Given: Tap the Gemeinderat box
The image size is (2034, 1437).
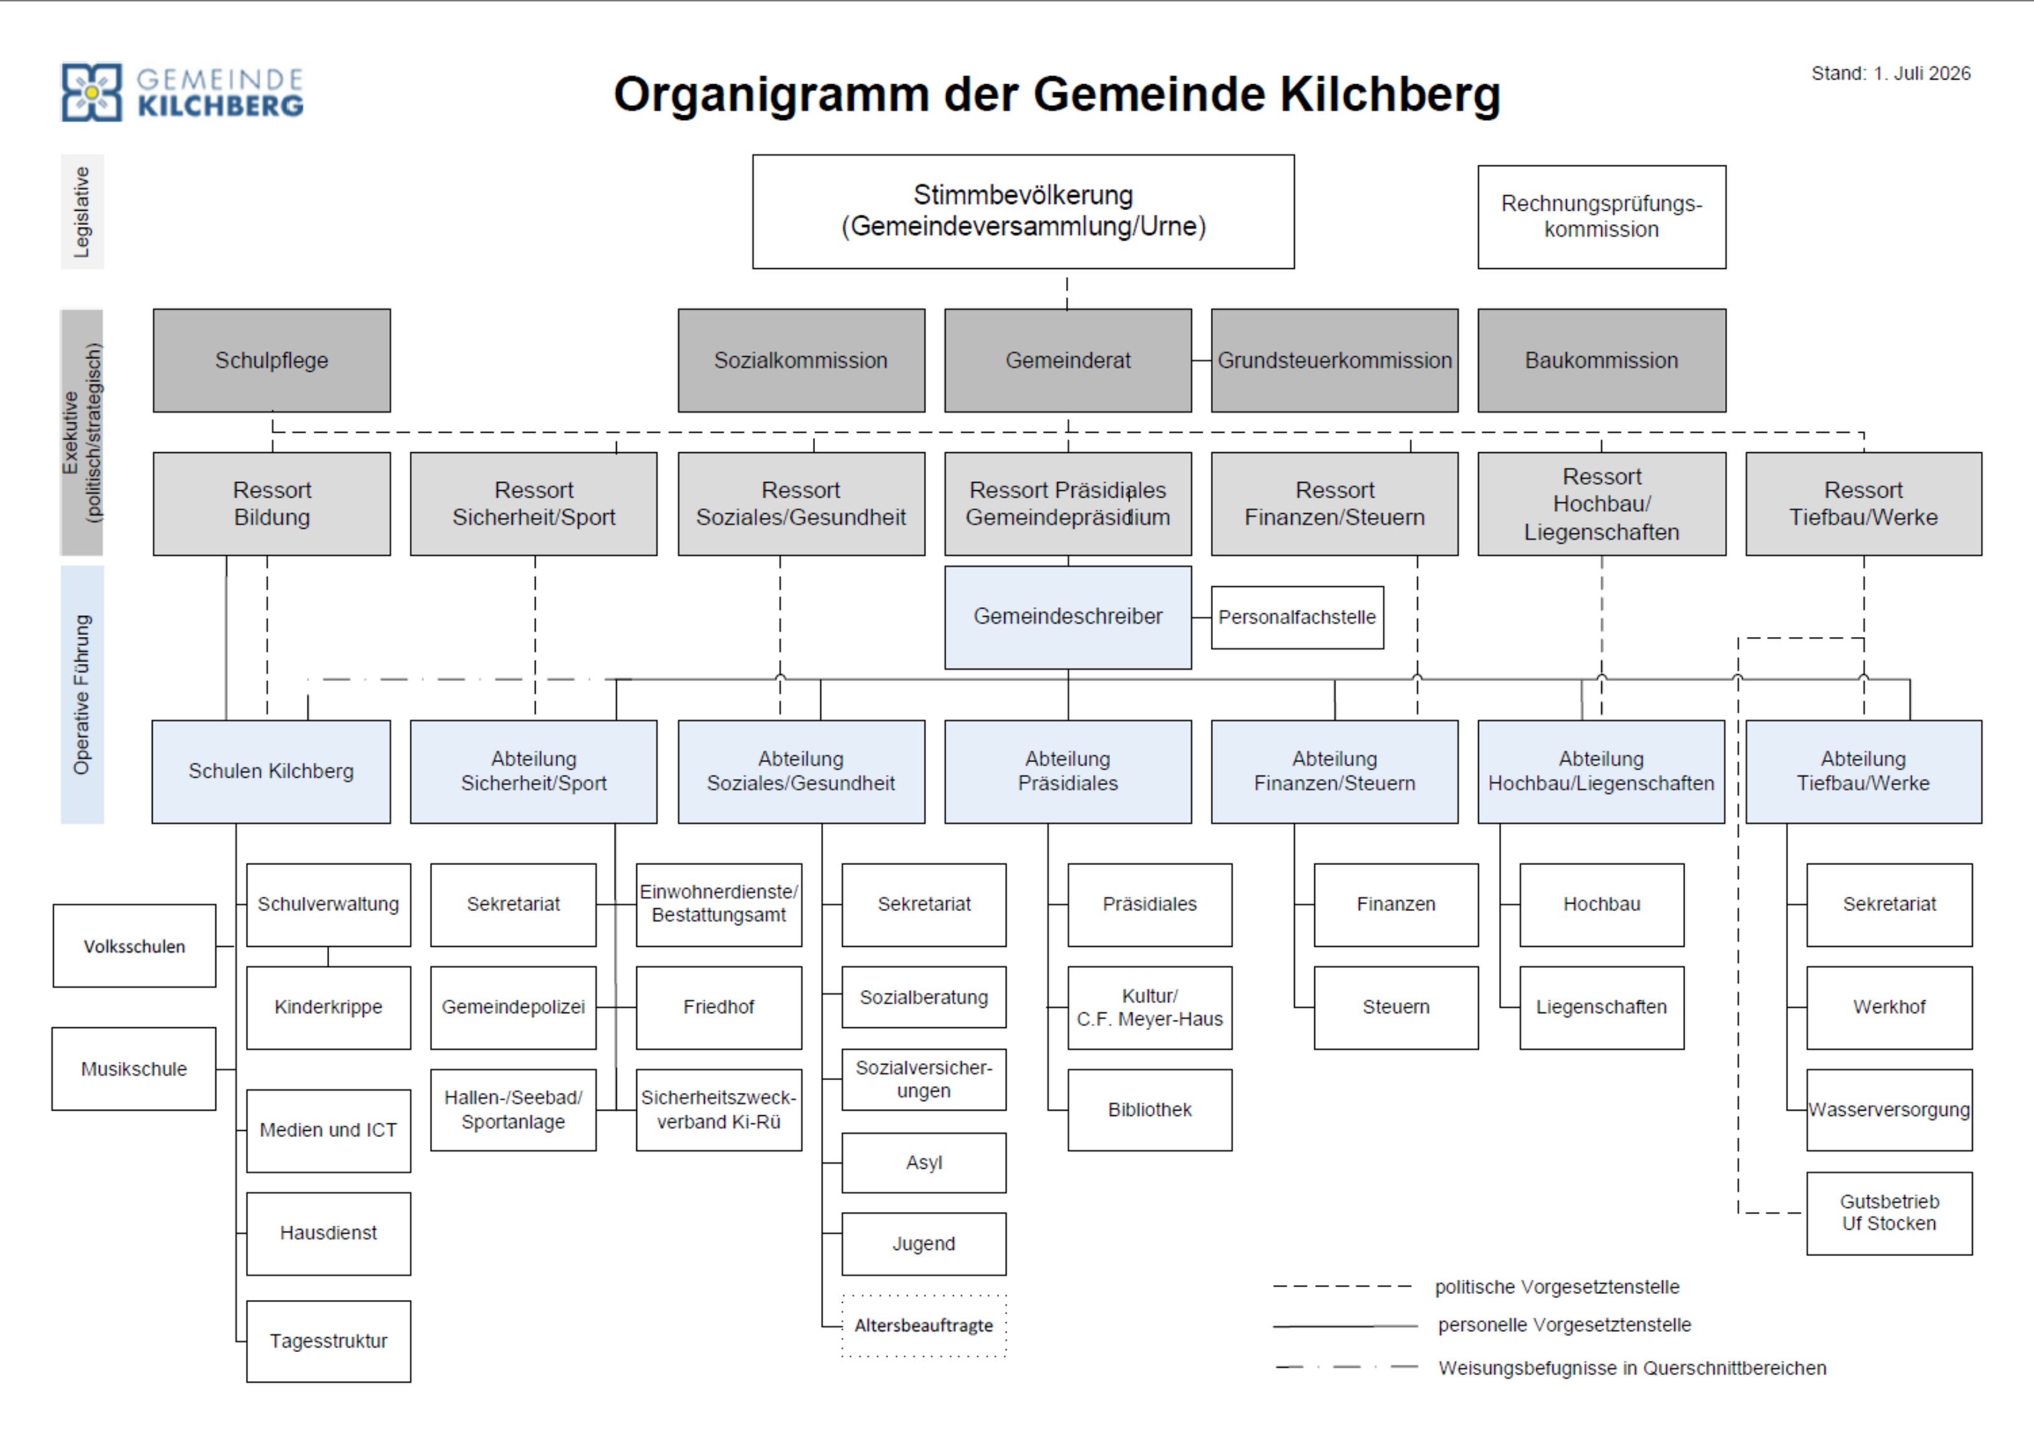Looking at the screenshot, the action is (1067, 360).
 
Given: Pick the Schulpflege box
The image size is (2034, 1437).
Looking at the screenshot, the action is (271, 360).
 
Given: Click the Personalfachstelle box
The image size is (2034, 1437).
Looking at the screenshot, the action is (1297, 617).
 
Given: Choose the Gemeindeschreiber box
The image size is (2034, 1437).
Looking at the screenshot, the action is (1067, 617).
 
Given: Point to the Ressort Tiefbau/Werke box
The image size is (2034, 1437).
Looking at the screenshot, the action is (1863, 503).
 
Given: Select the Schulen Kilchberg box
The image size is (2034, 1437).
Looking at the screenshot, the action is (271, 771).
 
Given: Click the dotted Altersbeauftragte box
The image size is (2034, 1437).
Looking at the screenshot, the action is (924, 1325).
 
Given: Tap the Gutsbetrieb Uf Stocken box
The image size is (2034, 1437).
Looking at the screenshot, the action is (1889, 1213).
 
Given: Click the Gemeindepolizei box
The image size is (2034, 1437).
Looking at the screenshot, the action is (513, 1007).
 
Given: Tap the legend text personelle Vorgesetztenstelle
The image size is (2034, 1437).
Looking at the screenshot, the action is (1564, 1325).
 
